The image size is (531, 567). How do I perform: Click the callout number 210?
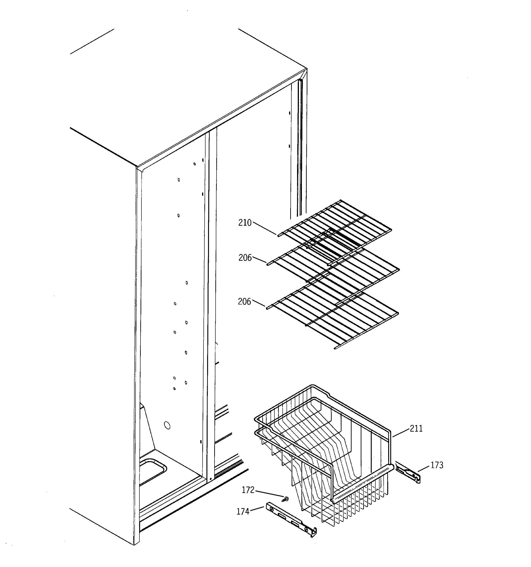click(x=245, y=223)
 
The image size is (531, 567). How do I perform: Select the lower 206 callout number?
click(x=244, y=302)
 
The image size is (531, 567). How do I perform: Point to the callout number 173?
click(x=437, y=465)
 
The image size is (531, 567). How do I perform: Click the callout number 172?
click(x=248, y=490)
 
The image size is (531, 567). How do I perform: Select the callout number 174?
click(x=243, y=512)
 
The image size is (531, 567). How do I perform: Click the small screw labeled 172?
click(x=285, y=499)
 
